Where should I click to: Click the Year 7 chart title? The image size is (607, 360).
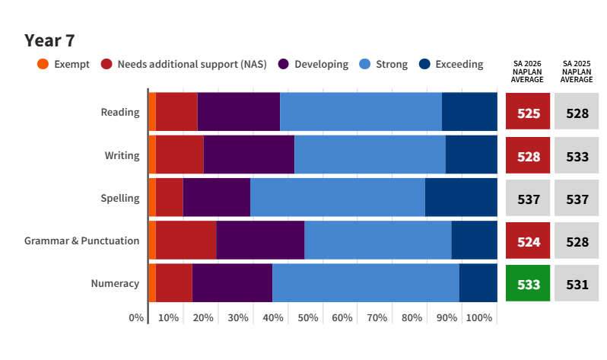pos(49,40)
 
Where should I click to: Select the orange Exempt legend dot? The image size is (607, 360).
pos(43,64)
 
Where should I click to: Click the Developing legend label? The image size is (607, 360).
pos(321,65)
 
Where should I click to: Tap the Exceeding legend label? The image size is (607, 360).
pos(459,65)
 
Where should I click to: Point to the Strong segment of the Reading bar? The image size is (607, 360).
pos(361,112)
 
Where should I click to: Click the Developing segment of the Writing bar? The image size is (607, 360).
pos(249,155)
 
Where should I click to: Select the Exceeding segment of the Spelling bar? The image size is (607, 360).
pos(461,197)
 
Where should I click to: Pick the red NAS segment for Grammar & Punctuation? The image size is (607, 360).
pos(186,241)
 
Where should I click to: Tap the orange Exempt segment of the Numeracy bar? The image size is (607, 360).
pos(153,283)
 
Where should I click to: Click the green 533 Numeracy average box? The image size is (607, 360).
pos(528,283)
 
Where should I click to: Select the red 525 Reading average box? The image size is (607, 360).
pos(528,111)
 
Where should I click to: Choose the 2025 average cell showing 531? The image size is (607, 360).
pos(577,283)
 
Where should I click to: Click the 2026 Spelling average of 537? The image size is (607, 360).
pos(528,198)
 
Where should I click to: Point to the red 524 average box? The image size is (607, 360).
pos(528,241)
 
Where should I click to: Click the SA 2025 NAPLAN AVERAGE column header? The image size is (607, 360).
pos(577,72)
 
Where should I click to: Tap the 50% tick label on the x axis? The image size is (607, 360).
pos(308,318)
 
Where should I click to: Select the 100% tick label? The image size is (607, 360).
pos(479,318)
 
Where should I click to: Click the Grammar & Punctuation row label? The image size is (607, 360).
pos(81,241)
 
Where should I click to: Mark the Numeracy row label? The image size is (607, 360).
pos(115,284)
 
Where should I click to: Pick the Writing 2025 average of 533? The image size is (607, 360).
pos(577,155)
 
